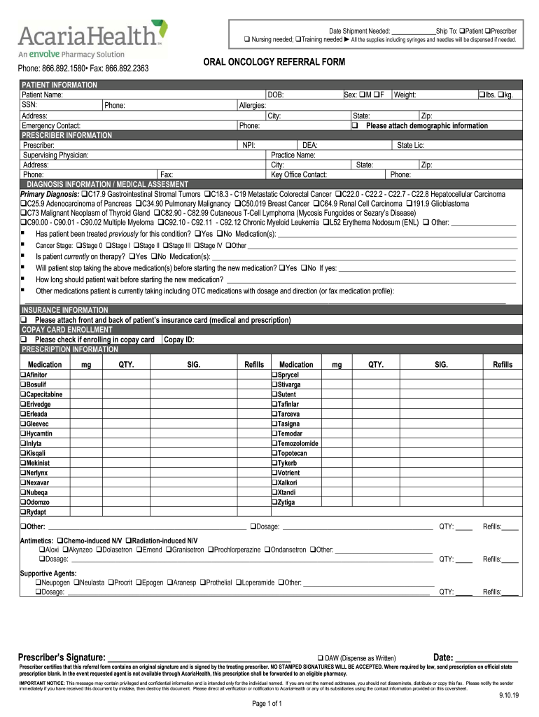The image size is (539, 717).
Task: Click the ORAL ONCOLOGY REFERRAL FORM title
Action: (274, 63)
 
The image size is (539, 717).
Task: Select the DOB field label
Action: (275, 95)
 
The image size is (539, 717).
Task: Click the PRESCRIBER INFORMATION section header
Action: (66, 135)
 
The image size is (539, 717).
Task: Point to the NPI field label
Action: (248, 145)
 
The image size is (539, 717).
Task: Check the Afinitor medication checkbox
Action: (23, 375)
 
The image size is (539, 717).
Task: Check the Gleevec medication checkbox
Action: (23, 424)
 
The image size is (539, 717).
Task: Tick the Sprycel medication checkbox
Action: (274, 375)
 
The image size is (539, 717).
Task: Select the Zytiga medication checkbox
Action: (274, 503)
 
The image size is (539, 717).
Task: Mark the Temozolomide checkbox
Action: (274, 444)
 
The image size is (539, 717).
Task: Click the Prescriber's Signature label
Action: (62, 657)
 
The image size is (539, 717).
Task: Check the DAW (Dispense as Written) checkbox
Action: (320, 658)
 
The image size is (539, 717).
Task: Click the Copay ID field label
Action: (179, 340)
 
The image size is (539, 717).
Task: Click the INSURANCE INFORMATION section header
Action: (65, 309)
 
